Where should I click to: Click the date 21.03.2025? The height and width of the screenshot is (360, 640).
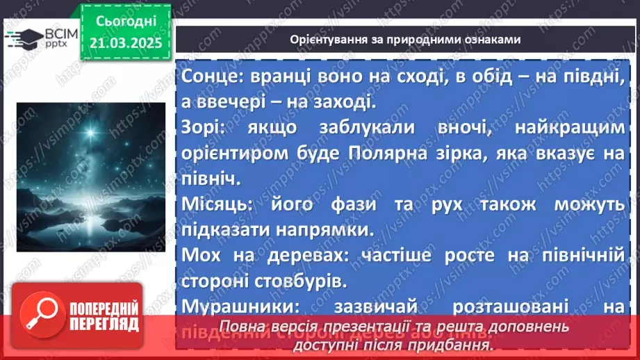[126, 43]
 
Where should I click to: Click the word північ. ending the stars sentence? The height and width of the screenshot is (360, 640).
[210, 179]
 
